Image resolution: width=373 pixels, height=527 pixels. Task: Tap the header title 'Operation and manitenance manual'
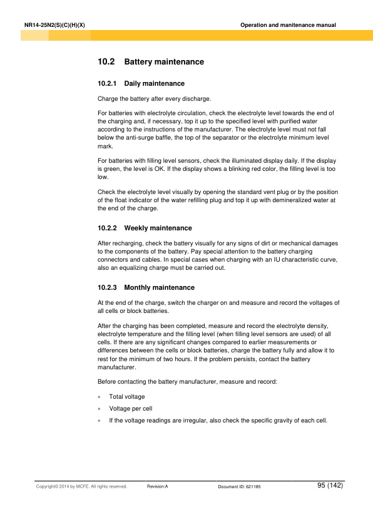click(288, 24)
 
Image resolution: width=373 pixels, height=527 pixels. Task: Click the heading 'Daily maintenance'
click(154, 83)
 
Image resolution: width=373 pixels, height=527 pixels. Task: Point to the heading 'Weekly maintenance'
click(158, 228)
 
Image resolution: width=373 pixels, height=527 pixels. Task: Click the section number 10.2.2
click(107, 228)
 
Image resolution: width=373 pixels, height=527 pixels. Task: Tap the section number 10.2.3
click(107, 287)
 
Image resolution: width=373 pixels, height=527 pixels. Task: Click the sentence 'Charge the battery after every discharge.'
click(155, 99)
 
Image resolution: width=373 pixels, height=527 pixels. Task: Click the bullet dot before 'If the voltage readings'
click(100, 420)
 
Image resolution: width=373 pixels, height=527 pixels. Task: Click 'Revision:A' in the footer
click(158, 486)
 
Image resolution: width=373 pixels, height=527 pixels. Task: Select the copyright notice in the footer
click(81, 486)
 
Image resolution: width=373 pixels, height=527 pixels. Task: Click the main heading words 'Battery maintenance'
click(164, 63)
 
